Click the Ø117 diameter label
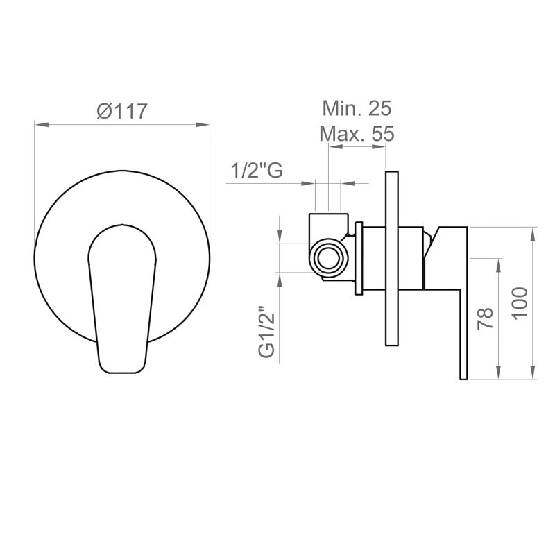(x=121, y=110)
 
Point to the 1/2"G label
(x=257, y=170)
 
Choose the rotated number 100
(x=521, y=302)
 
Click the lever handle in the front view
(x=120, y=298)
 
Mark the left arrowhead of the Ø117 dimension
(x=39, y=125)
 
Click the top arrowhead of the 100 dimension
(x=533, y=232)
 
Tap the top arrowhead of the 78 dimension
(x=498, y=262)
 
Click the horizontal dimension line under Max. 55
(x=357, y=148)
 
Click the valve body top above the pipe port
(x=327, y=223)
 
